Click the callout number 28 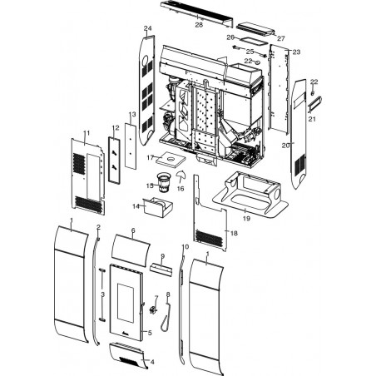(199, 25)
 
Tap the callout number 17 (151, 158)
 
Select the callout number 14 (136, 206)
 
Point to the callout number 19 (246, 219)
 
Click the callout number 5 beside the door (150, 333)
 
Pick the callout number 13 (132, 114)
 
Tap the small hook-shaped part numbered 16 (181, 175)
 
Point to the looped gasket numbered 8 (166, 316)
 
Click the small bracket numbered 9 (161, 270)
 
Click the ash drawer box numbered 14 (157, 208)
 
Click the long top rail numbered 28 (196, 13)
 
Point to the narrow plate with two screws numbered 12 (115, 160)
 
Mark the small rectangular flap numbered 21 (314, 104)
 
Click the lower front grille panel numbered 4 (127, 355)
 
